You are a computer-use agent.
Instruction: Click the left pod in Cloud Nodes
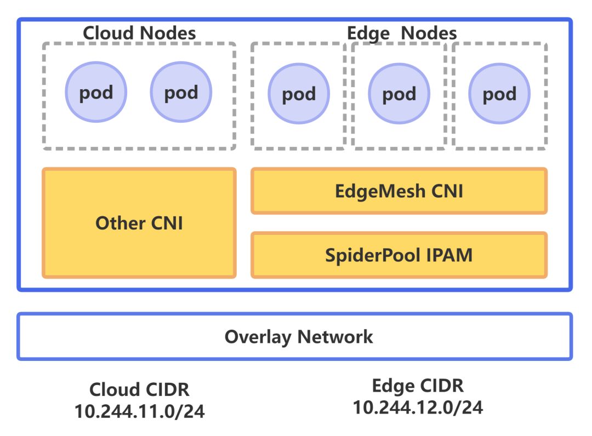96,91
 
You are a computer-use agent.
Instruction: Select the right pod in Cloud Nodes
181,91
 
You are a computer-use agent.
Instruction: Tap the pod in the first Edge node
299,94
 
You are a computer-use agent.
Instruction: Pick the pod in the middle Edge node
399,94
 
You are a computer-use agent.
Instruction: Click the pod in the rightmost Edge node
499,94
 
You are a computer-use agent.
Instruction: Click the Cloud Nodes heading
139,33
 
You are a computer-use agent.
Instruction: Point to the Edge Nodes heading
402,33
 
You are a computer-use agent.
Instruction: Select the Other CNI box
139,223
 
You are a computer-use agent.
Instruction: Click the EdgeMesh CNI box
399,191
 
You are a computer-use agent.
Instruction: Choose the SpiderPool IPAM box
399,255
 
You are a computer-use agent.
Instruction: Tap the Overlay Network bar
295,336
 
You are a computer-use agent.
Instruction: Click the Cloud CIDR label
139,389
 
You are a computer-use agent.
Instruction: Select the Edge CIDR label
418,386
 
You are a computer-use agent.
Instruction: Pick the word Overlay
258,336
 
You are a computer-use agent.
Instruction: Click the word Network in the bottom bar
335,336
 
